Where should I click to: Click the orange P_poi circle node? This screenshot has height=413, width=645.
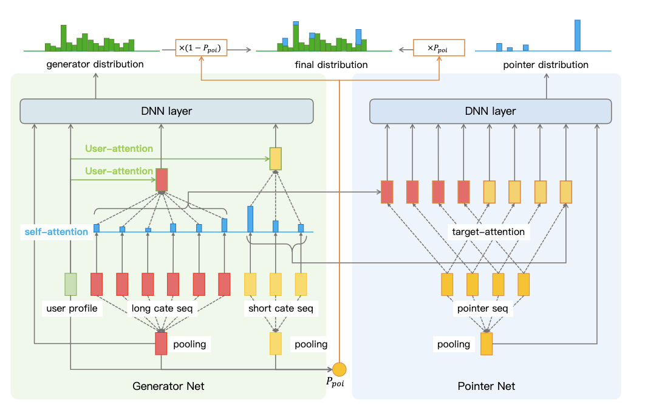coord(339,369)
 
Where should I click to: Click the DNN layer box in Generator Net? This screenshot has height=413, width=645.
coord(166,112)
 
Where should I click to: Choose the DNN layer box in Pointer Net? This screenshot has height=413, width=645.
coord(490,112)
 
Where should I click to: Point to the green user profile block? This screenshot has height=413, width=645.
coord(71,284)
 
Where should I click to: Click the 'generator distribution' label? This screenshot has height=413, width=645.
coord(95,64)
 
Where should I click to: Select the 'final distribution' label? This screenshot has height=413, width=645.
coord(331,64)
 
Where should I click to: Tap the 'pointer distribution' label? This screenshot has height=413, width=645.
coord(546,64)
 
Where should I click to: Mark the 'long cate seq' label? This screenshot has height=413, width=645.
coord(162,309)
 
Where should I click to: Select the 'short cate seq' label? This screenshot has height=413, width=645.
coord(281,309)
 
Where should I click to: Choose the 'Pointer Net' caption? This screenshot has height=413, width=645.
coord(486,386)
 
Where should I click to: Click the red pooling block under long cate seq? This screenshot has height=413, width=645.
coord(161,343)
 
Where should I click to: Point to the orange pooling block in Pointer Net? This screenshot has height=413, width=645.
coord(486,344)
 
